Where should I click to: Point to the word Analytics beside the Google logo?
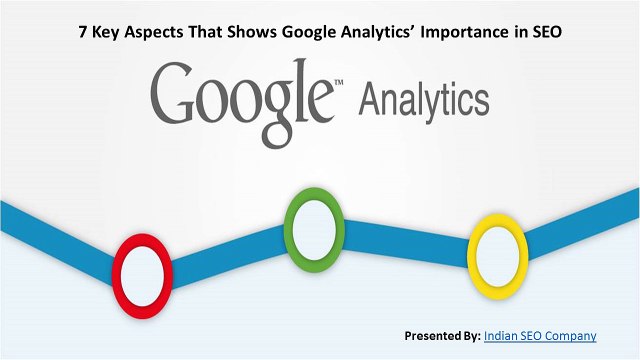click(x=424, y=102)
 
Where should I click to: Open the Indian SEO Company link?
click(x=539, y=335)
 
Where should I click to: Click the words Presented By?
click(x=441, y=335)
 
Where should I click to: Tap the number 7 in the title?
click(x=83, y=31)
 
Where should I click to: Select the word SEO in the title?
click(x=546, y=31)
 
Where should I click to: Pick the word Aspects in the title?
click(x=158, y=31)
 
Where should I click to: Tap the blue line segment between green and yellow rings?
click(x=400, y=236)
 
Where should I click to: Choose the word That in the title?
click(x=204, y=31)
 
